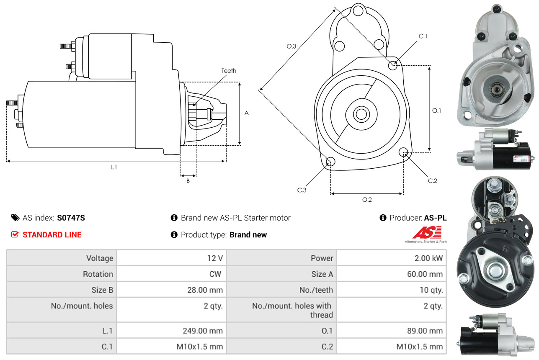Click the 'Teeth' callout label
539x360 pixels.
pyautogui.click(x=229, y=71)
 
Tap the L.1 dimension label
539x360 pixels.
pyautogui.click(x=113, y=167)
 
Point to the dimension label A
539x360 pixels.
pyautogui.click(x=247, y=113)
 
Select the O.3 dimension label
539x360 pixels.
pyautogui.click(x=291, y=46)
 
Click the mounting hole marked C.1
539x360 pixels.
pyautogui.click(x=393, y=65)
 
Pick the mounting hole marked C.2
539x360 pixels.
pyautogui.click(x=404, y=152)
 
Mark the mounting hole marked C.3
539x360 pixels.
pyautogui.click(x=330, y=162)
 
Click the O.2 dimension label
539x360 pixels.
pyautogui.click(x=367, y=200)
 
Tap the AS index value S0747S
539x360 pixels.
pyautogui.click(x=71, y=218)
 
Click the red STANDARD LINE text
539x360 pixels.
pyautogui.click(x=52, y=235)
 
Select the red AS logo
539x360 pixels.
pyautogui.click(x=427, y=232)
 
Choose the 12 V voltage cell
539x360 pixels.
pyautogui.click(x=214, y=258)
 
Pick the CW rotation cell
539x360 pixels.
pyautogui.click(x=217, y=274)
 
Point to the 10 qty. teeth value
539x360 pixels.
pyautogui.click(x=431, y=290)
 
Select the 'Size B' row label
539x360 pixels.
pyautogui.click(x=102, y=290)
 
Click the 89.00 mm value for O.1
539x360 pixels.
pyautogui.click(x=425, y=331)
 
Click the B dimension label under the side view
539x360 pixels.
pyautogui.click(x=188, y=181)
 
